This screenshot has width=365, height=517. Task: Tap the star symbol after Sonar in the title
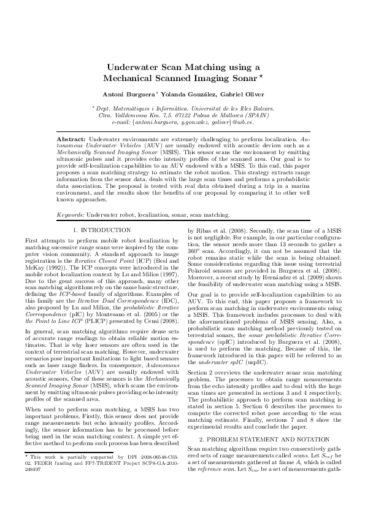(261, 77)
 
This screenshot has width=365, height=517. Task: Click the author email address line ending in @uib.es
(182, 122)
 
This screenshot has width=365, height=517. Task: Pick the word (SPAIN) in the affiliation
(255, 115)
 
